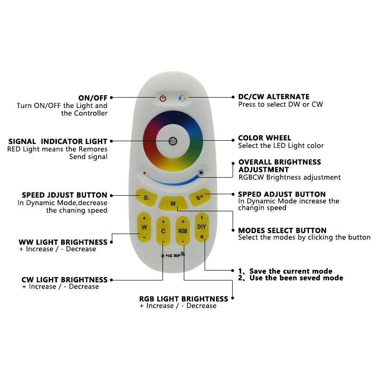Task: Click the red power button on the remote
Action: pyautogui.click(x=163, y=99)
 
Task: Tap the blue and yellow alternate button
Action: pyautogui.click(x=182, y=99)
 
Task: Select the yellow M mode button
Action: pyautogui.click(x=173, y=204)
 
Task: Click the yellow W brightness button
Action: pyautogui.click(x=144, y=227)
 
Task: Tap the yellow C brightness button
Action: pyautogui.click(x=163, y=231)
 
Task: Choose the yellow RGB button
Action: pyautogui.click(x=182, y=231)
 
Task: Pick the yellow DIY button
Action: pyautogui.click(x=201, y=227)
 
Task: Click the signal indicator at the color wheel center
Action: pyautogui.click(x=173, y=141)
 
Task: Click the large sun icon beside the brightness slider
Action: pyautogui.click(x=201, y=172)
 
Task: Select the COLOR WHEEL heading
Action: pyautogui.click(x=264, y=138)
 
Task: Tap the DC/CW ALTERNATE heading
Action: pyautogui.click(x=274, y=97)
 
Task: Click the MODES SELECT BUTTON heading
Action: pyautogui.click(x=282, y=230)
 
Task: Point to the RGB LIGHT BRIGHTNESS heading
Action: pyautogui.click(x=183, y=299)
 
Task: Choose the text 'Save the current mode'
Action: pyautogui.click(x=290, y=271)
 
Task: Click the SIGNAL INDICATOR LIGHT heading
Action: pyautogui.click(x=58, y=141)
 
